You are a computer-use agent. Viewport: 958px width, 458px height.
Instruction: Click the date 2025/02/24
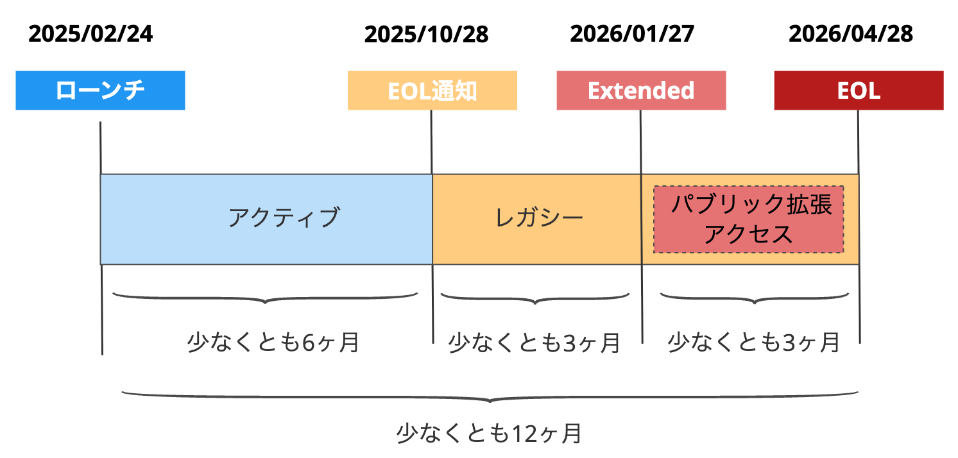click(90, 34)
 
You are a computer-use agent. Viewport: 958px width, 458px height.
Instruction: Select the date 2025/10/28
click(426, 35)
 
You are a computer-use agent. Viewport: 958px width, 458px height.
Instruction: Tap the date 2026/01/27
click(631, 34)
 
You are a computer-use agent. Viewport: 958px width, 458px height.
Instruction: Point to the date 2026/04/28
click(850, 34)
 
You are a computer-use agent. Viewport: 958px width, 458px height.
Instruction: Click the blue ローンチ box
click(100, 90)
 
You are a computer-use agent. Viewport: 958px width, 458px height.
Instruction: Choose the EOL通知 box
click(432, 91)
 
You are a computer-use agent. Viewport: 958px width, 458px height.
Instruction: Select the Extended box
click(641, 91)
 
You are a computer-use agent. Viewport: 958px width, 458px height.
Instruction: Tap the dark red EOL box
click(859, 91)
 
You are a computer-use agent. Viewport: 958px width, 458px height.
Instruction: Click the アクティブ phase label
click(283, 218)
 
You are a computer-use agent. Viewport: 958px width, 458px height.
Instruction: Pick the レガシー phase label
click(539, 218)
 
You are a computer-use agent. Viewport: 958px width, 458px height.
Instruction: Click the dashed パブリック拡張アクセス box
click(748, 219)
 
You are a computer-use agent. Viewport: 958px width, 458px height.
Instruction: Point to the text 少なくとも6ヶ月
click(273, 343)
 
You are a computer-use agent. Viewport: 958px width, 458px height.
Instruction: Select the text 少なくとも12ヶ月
click(489, 434)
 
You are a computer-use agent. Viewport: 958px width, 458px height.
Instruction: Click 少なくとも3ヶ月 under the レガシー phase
click(534, 343)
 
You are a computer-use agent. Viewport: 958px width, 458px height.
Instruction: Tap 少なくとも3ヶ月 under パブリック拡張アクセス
click(753, 342)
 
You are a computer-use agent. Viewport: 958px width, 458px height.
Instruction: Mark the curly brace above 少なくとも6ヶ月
click(265, 298)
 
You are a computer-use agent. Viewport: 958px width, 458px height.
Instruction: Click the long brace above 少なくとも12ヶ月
click(490, 397)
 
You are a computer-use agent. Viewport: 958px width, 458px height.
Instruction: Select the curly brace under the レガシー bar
click(535, 298)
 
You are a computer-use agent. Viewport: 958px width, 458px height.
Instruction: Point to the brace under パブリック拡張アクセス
click(753, 298)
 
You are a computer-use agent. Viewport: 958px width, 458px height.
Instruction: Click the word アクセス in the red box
click(748, 234)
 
